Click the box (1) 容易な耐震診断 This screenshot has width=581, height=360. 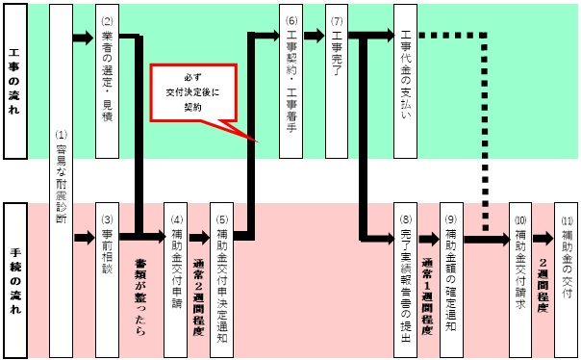point(60,178)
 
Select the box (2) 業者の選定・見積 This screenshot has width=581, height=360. point(107,82)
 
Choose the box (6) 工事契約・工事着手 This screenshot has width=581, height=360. point(291,82)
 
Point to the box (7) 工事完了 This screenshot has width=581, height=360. point(337,82)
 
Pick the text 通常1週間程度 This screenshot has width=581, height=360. point(429,289)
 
